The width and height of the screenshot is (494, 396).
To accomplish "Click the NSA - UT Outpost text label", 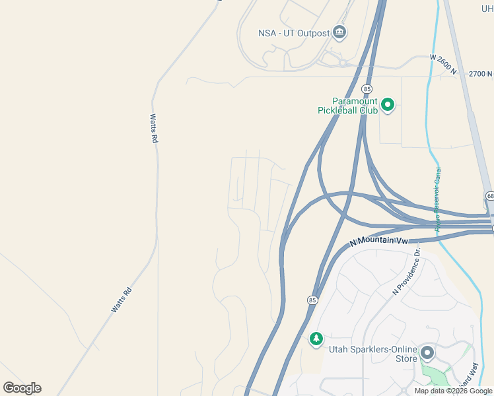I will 294,33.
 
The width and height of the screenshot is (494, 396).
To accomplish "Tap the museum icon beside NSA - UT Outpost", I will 339,32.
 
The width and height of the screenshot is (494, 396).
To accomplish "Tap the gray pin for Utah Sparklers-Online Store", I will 427,352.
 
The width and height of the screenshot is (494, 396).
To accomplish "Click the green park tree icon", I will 316,339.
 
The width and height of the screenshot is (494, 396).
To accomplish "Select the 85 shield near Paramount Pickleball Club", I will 367,88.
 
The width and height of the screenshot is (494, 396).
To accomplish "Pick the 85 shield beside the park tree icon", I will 312,300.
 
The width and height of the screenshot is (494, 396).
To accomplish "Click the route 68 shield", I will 489,196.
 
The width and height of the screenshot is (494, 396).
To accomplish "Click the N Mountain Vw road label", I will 380,242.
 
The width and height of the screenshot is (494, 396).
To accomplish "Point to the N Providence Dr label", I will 407,271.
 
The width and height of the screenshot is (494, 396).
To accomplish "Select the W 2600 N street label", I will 442,65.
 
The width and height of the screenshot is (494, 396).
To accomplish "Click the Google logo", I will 22,388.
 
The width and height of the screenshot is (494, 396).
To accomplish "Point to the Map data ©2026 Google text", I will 454,391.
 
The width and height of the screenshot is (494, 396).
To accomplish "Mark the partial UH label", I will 487,8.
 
